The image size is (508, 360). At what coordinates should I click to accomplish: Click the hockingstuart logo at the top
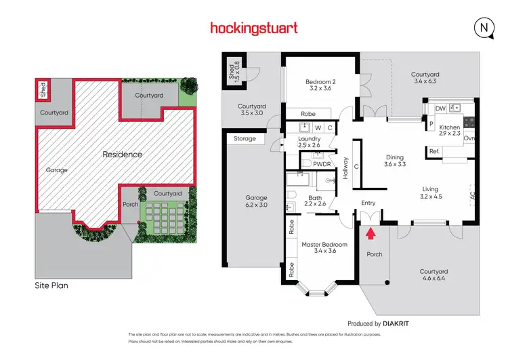pyautogui.click(x=254, y=28)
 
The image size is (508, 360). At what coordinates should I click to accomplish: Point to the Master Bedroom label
pyautogui.click(x=324, y=247)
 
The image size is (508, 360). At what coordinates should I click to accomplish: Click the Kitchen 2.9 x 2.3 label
pyautogui.click(x=450, y=131)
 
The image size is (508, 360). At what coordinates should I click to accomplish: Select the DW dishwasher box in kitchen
pyautogui.click(x=440, y=108)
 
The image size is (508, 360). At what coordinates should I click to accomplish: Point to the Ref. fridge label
pyautogui.click(x=434, y=151)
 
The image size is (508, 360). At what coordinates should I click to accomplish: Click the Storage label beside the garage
pyautogui.click(x=245, y=138)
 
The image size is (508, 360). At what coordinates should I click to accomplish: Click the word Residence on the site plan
pyautogui.click(x=122, y=155)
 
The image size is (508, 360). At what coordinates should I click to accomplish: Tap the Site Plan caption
pyautogui.click(x=51, y=285)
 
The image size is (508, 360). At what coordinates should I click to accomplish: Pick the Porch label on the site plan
pyautogui.click(x=130, y=205)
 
